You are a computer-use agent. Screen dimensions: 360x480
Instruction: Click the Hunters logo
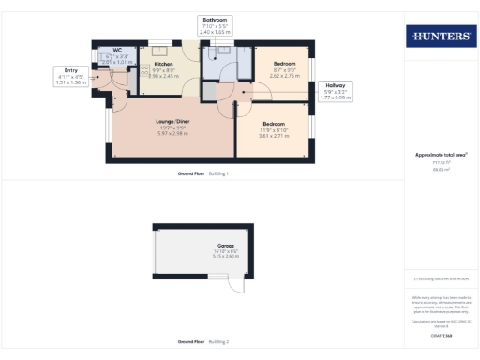440,37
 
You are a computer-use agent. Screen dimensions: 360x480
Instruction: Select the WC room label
117,50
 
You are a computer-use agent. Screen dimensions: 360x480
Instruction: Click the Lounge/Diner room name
172,121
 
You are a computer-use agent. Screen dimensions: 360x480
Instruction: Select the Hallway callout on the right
335,84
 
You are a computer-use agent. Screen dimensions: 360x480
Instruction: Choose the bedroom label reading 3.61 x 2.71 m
274,136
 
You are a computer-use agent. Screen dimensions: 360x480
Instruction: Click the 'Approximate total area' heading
441,154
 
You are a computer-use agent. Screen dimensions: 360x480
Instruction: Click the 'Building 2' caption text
217,342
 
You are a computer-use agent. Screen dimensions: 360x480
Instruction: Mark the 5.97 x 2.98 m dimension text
172,133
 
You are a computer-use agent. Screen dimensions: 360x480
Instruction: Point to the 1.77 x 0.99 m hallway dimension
335,97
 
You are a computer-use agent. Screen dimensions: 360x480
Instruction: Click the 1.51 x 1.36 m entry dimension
71,82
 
